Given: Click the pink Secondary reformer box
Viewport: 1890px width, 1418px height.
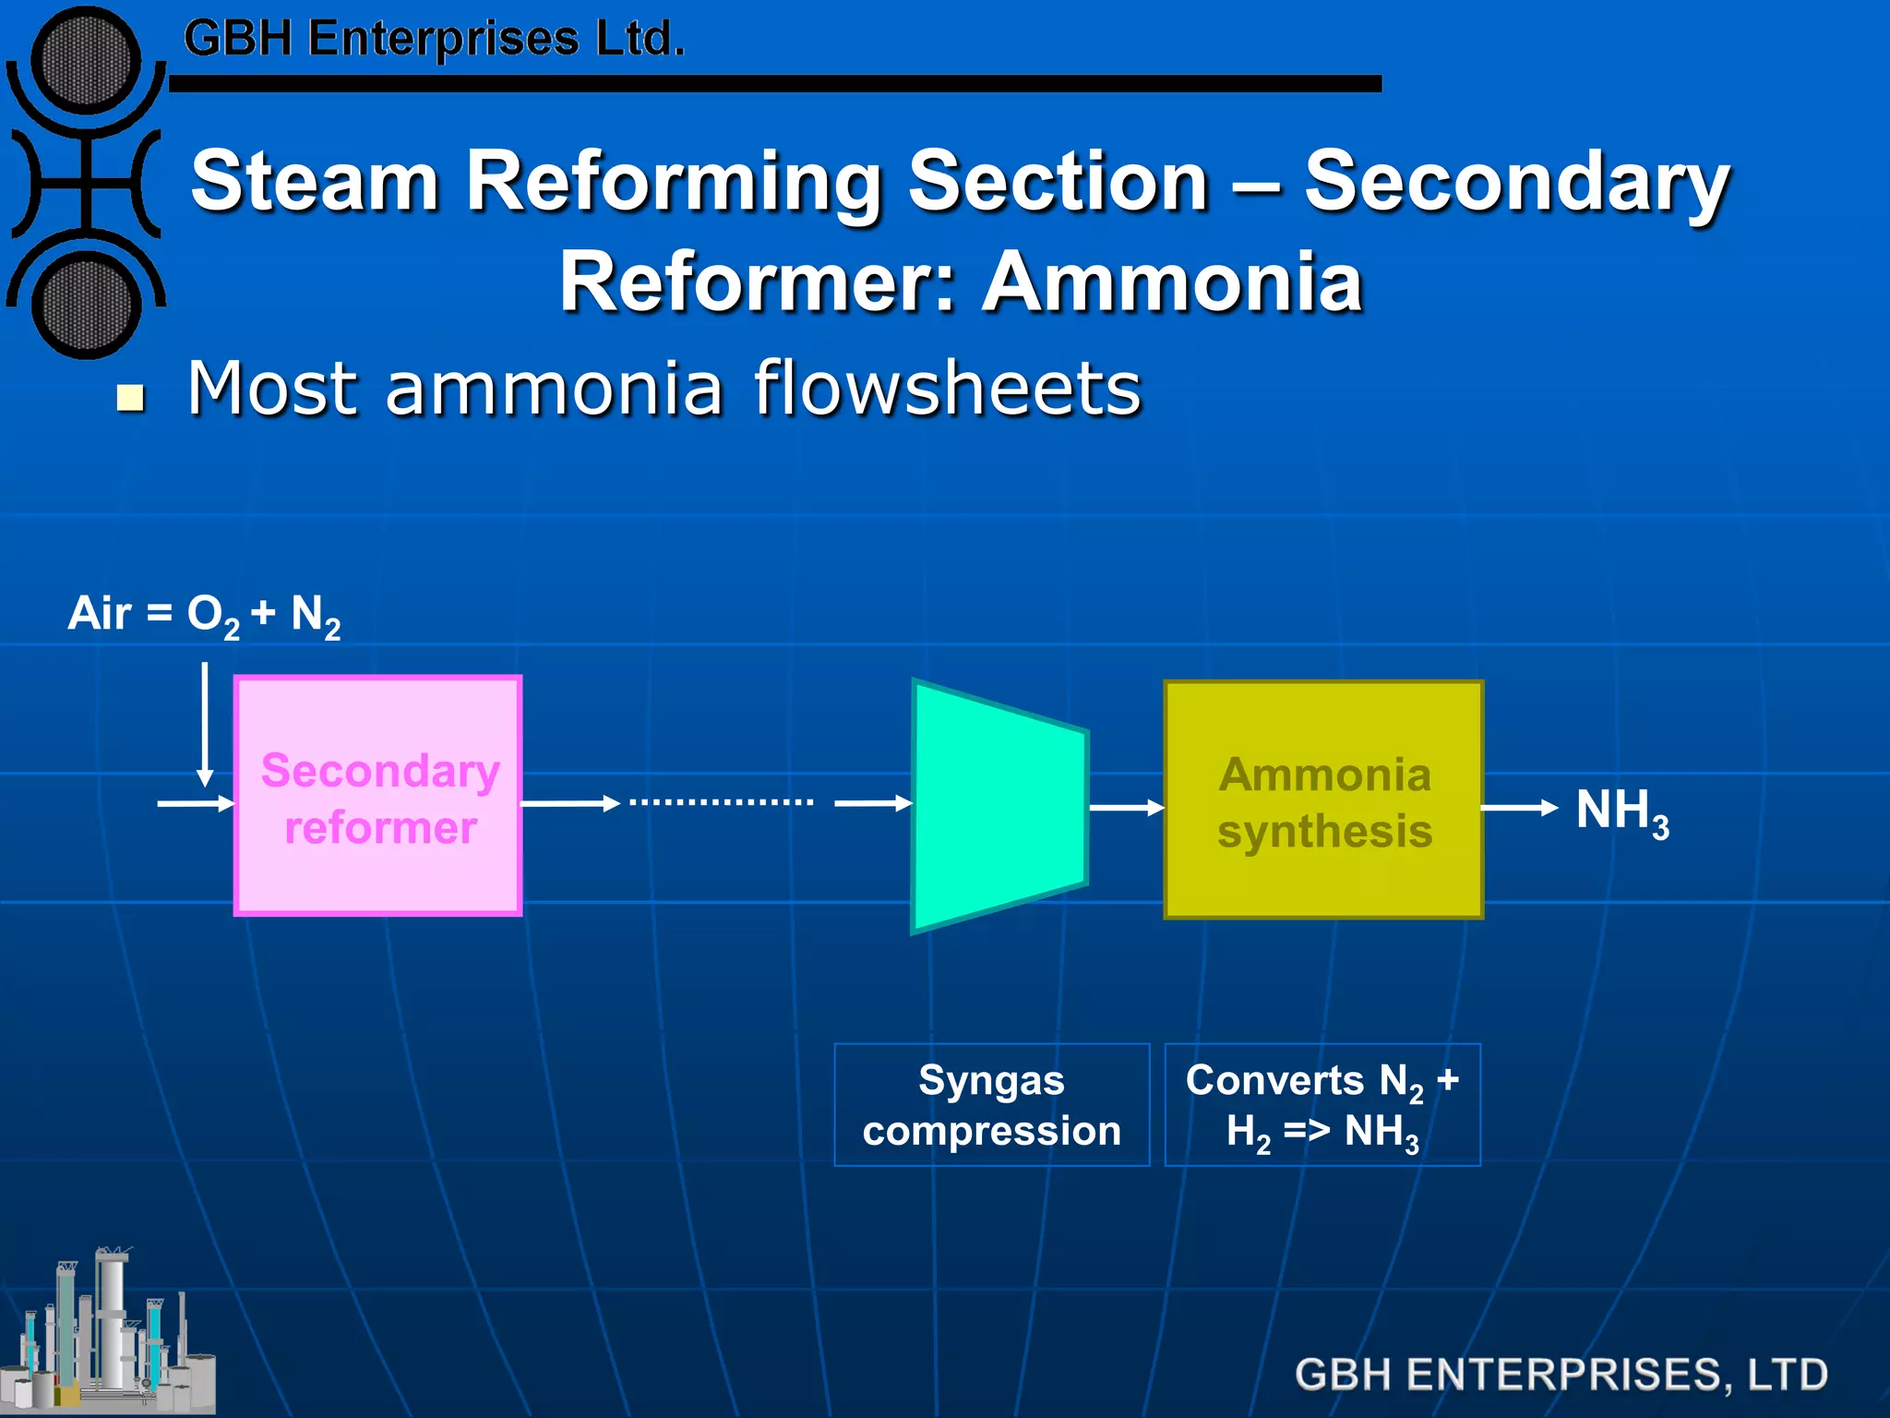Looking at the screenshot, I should [378, 796].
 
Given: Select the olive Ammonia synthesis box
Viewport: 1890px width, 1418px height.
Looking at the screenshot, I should [1323, 800].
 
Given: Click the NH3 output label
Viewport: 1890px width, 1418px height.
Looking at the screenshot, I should [1621, 812].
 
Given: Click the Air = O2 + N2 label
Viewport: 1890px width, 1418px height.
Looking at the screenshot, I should [204, 615].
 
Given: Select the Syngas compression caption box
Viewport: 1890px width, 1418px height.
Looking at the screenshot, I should [991, 1105].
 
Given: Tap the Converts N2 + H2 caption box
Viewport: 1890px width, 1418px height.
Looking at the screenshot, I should [1322, 1105].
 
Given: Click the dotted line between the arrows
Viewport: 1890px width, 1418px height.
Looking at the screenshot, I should [721, 802].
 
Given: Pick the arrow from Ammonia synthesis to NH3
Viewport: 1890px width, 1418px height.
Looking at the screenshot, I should [1519, 808].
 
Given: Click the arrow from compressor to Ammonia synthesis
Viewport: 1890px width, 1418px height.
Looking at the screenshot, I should [1126, 808].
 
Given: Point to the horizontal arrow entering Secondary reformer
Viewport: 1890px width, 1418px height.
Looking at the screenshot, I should [195, 804].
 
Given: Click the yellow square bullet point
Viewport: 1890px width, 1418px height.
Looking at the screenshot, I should [131, 398].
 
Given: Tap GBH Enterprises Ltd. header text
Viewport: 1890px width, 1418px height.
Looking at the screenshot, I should [434, 39].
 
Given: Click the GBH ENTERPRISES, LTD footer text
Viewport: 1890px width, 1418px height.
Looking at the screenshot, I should [1561, 1374].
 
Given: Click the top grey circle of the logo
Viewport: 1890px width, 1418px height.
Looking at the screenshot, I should [86, 61].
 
